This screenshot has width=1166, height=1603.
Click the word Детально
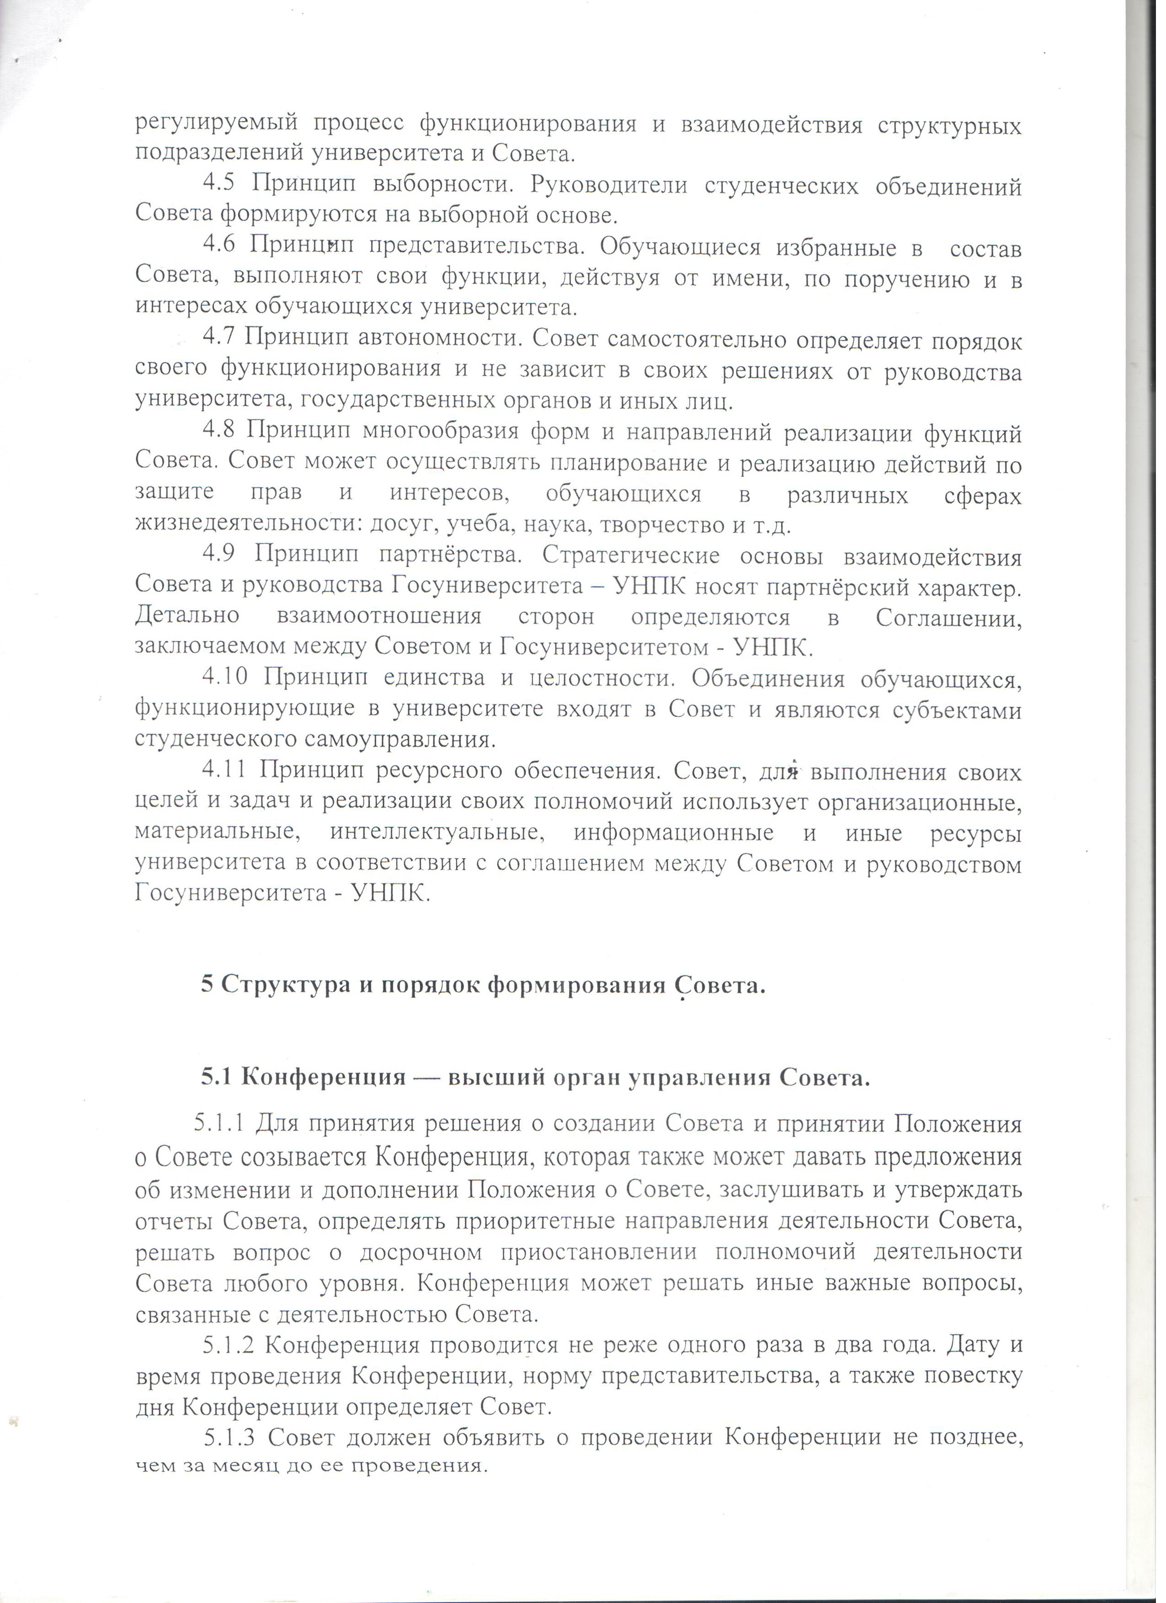tap(187, 617)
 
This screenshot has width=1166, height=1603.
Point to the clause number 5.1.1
tap(220, 1123)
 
